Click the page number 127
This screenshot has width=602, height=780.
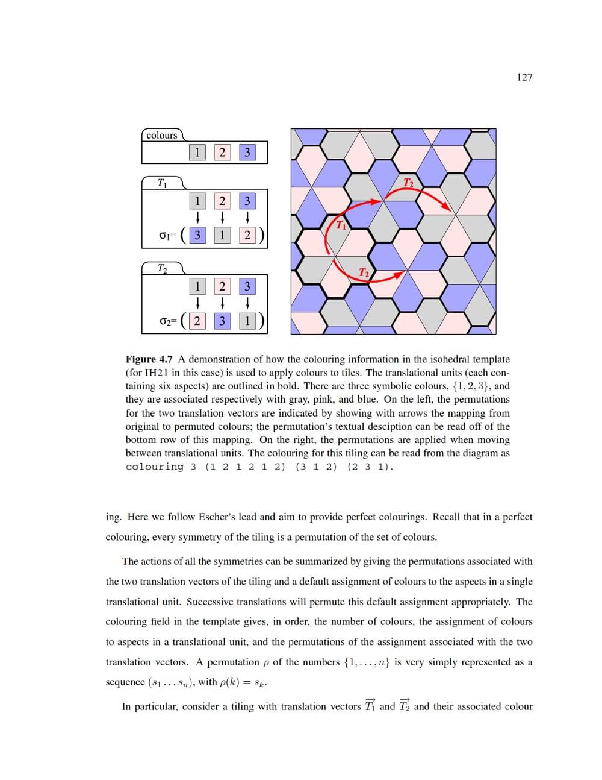[x=524, y=77]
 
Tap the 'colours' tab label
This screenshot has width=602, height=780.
[x=162, y=136]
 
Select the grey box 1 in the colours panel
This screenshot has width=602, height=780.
[x=197, y=153]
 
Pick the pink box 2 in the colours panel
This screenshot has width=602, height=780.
[x=222, y=153]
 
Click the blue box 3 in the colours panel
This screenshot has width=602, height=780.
[x=247, y=153]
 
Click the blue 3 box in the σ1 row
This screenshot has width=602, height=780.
[x=197, y=235]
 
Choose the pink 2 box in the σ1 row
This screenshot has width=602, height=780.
[x=247, y=235]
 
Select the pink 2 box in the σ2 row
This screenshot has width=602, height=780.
[x=197, y=321]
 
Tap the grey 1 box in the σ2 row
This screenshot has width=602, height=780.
[x=247, y=321]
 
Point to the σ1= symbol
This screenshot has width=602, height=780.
[x=167, y=236]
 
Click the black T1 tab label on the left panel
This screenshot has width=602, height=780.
[x=162, y=183]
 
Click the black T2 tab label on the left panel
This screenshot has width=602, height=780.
[x=162, y=268]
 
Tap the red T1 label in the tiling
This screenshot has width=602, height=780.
[x=341, y=225]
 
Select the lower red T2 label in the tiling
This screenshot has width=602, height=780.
[x=364, y=273]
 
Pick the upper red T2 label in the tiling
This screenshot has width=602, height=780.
[x=408, y=183]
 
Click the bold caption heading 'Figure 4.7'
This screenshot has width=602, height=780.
[x=149, y=359]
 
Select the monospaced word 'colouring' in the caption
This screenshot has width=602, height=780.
[x=154, y=467]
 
